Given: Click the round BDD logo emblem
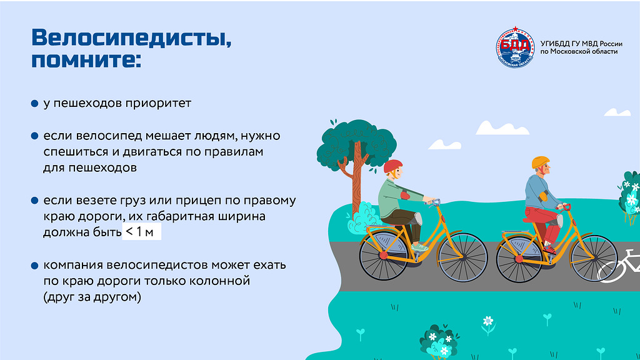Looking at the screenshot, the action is [515, 47].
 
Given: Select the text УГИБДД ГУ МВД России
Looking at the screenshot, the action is [581, 44].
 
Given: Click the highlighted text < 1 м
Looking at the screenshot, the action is [141, 232].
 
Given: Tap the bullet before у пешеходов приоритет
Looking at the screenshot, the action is [35, 104].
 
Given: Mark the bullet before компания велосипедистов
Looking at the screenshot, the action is [35, 266].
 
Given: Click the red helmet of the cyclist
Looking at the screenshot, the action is [392, 166].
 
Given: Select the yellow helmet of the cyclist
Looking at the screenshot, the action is [541, 162].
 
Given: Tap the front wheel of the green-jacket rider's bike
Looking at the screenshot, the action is [462, 257].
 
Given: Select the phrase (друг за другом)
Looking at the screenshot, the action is [92, 297].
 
